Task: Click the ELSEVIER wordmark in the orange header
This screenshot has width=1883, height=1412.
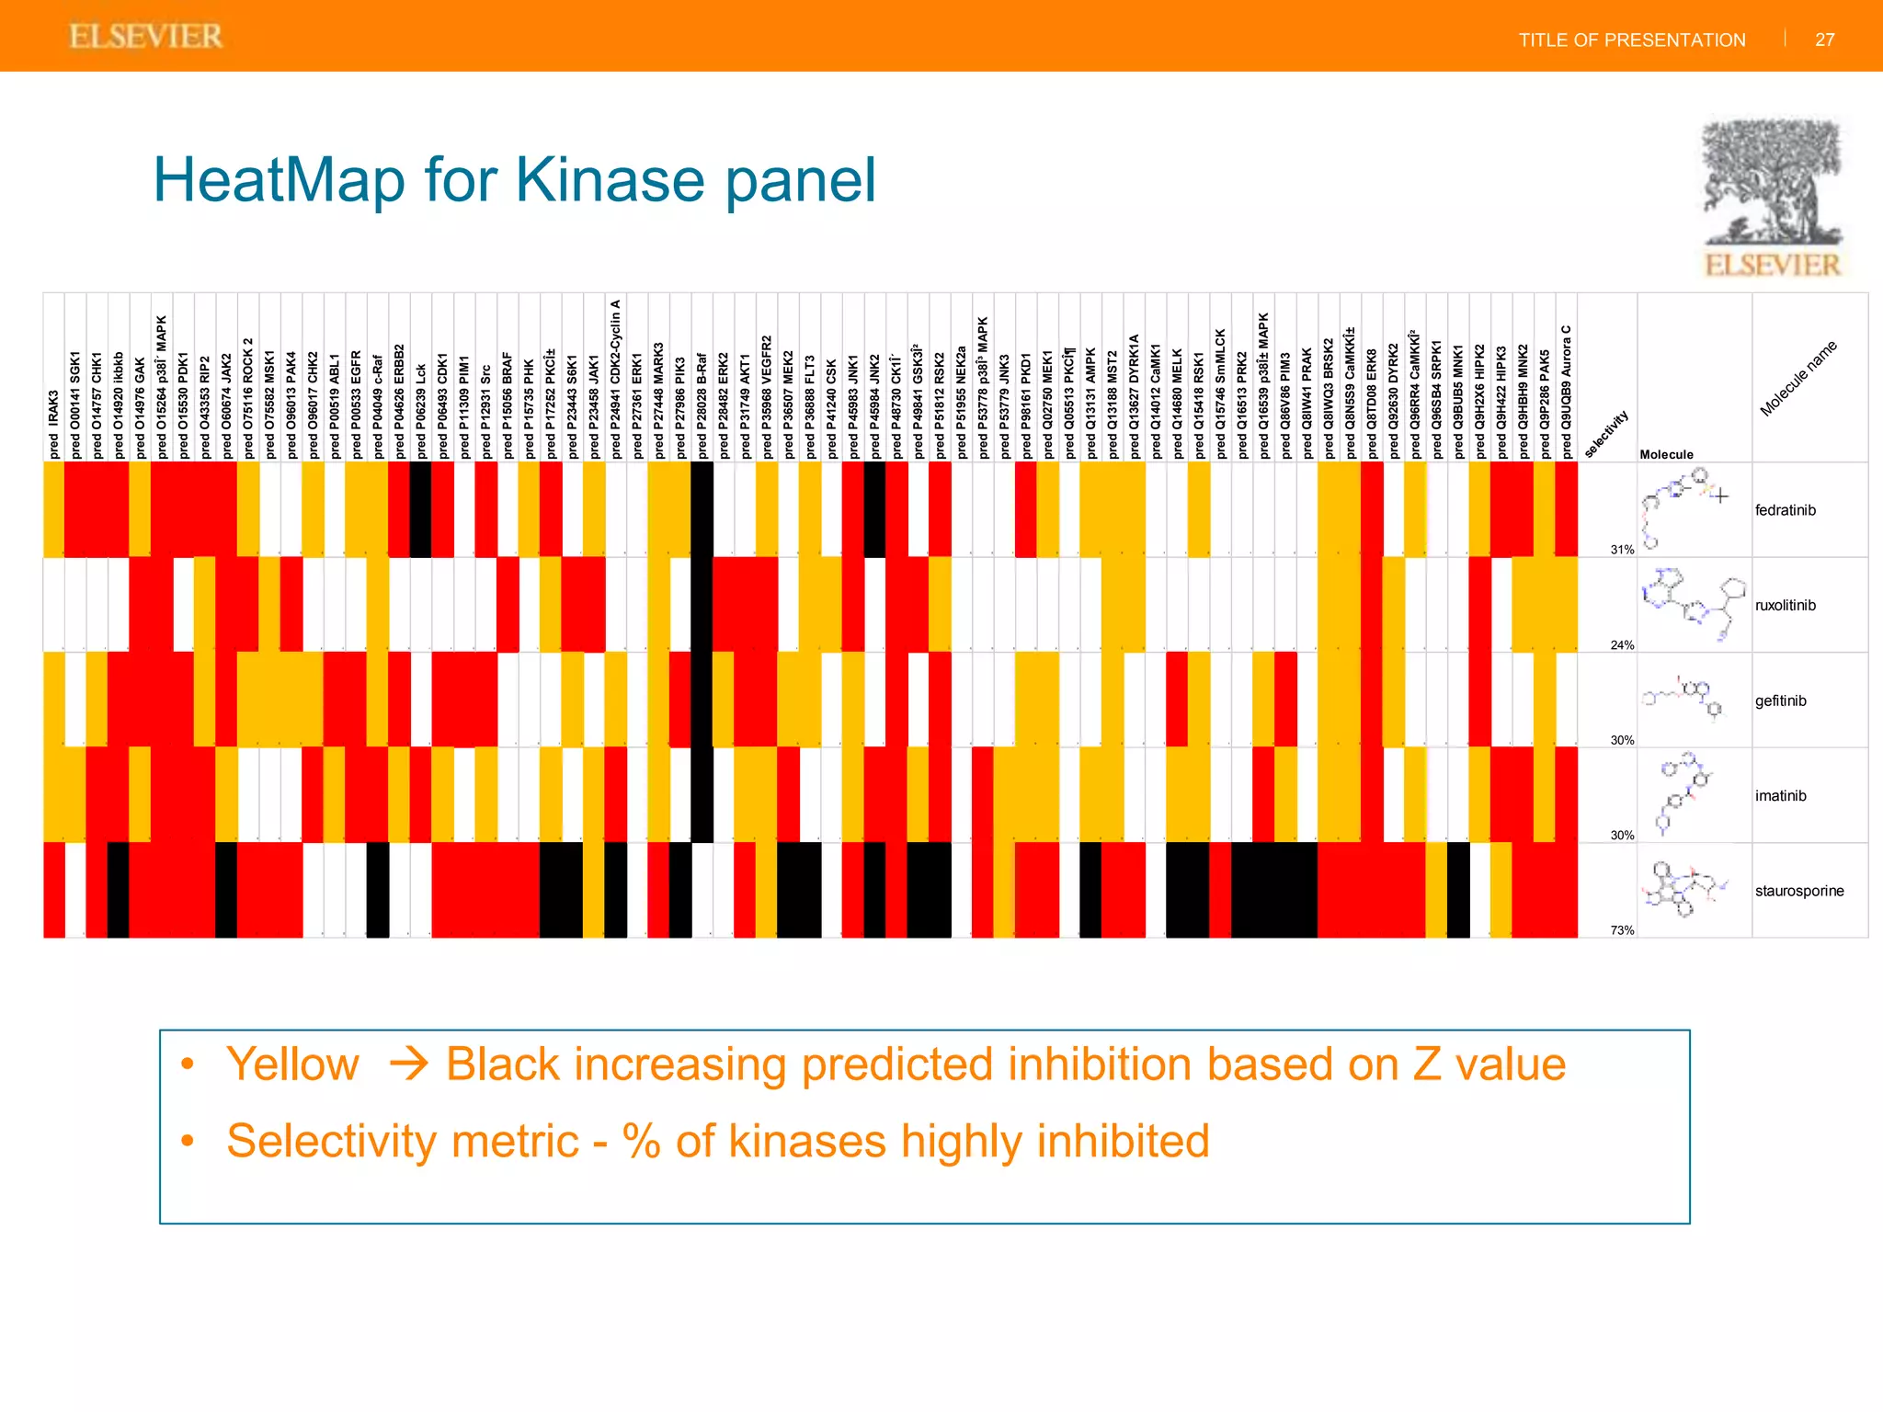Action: click(146, 37)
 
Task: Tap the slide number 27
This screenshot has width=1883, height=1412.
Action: click(1824, 40)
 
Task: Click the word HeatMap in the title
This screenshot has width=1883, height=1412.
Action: click(279, 179)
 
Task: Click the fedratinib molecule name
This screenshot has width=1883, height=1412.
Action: click(1785, 510)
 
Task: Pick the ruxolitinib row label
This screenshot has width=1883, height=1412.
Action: click(1785, 605)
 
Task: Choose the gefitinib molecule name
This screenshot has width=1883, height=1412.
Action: click(1780, 700)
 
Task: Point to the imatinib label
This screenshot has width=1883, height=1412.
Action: click(1780, 796)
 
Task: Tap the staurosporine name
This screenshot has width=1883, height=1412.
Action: click(1798, 891)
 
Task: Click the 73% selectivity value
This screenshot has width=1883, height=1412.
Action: click(1622, 930)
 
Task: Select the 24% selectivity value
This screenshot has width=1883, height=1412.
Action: click(1622, 645)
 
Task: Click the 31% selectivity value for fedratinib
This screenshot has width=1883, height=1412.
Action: click(1622, 550)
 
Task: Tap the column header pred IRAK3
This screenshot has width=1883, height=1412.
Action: click(54, 423)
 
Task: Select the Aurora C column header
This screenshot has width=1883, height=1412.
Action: click(1566, 391)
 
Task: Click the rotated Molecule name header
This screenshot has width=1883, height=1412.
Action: click(1797, 378)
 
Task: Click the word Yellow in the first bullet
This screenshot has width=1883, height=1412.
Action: click(292, 1065)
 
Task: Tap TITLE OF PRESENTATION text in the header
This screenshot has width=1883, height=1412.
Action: click(1631, 40)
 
